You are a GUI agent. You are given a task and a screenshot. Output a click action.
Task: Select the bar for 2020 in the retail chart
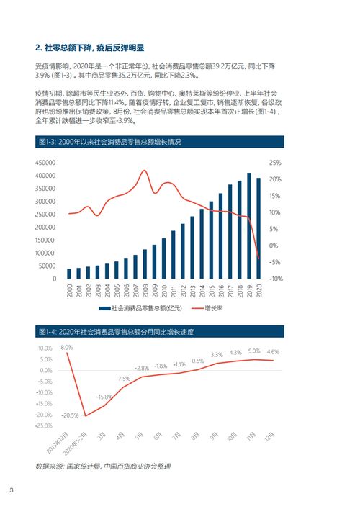pyautogui.click(x=259, y=228)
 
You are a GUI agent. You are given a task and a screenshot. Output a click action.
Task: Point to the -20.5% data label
pyautogui.click(x=70, y=415)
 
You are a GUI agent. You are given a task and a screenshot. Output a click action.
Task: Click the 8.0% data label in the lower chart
pyautogui.click(x=66, y=347)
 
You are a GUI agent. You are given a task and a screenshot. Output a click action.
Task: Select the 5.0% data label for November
pyautogui.click(x=253, y=351)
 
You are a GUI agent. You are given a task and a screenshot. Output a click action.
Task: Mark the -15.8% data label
pyautogui.click(x=104, y=397)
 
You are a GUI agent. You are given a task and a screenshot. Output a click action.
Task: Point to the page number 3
pyautogui.click(x=12, y=491)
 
